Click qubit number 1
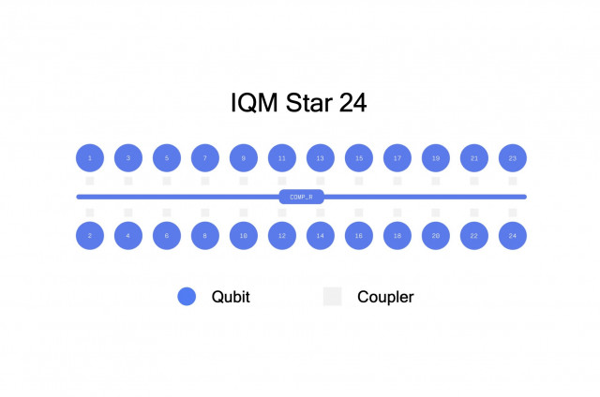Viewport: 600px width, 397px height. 90,158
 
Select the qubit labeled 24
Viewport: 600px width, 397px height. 512,236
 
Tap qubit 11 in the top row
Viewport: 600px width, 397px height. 282,158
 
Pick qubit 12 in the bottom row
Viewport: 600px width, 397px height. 282,236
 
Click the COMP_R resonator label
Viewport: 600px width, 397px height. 301,197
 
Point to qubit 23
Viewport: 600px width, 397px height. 512,158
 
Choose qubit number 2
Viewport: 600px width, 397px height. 90,236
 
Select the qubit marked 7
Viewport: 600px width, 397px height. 205,158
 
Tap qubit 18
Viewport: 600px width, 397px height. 397,236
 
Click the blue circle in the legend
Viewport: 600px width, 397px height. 187,297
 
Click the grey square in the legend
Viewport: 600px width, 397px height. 332,297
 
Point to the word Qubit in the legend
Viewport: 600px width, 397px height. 231,297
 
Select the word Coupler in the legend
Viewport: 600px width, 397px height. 385,297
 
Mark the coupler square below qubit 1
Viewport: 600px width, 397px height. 90,181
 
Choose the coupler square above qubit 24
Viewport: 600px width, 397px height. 512,213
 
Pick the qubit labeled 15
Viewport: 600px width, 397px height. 359,158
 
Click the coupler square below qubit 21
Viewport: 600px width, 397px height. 473,181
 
